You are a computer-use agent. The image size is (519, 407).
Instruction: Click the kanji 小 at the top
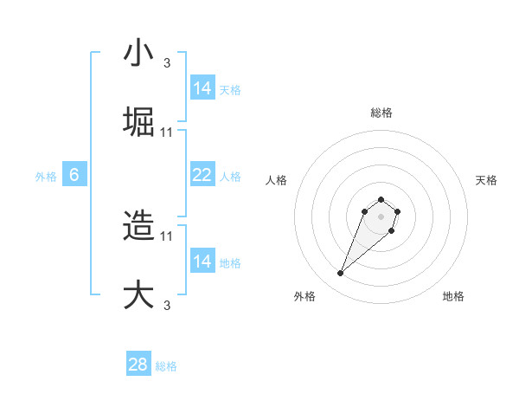138,54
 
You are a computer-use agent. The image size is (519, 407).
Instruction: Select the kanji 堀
138,122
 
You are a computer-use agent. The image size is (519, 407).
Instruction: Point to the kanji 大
138,294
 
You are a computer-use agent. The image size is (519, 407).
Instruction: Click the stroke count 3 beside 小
167,63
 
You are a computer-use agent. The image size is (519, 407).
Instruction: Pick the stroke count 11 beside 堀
167,132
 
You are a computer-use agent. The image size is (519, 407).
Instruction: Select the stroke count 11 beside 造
167,236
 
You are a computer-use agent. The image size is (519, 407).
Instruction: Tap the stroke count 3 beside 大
167,304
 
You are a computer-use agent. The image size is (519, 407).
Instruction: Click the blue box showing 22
202,175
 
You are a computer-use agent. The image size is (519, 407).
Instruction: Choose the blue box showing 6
74,175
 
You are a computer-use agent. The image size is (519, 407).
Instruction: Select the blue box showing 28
138,365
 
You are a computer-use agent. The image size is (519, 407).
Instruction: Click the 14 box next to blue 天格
202,88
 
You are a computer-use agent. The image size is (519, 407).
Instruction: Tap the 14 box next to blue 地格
202,262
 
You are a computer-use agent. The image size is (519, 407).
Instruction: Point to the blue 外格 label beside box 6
46,176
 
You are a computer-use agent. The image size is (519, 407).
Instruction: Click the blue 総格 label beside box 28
166,366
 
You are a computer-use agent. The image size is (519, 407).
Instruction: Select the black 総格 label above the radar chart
381,113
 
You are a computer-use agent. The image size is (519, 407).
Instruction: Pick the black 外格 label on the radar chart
304,296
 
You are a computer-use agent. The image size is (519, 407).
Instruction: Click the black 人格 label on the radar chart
277,180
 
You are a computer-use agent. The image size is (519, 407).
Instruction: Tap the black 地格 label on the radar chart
453,296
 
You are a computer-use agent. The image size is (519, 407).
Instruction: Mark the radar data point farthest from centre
341,274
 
